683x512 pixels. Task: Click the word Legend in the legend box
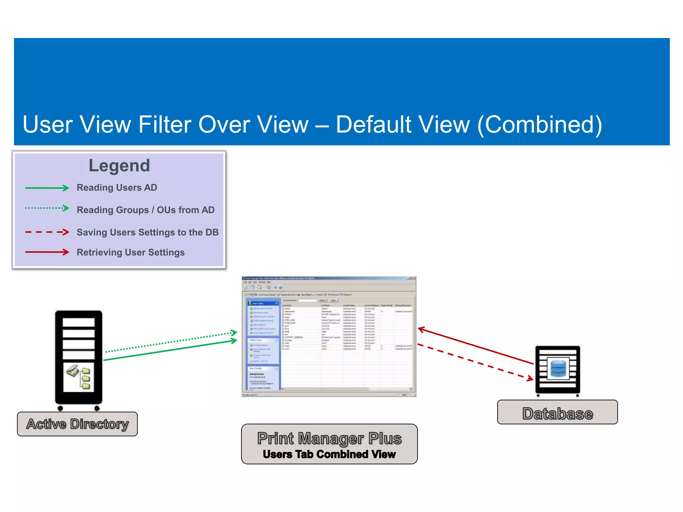(119, 166)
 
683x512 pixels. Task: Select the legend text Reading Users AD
(117, 188)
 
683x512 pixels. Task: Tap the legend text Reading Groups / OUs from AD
(145, 210)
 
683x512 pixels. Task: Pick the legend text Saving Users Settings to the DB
(147, 232)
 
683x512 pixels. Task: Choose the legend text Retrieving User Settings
(130, 252)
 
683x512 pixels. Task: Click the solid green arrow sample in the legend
(47, 188)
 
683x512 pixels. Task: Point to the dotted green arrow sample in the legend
(47, 208)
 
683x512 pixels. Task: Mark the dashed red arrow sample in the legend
(47, 232)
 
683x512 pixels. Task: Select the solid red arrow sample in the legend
(47, 252)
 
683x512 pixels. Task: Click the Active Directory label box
(77, 424)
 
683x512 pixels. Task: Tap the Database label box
(557, 412)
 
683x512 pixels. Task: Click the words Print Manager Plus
(329, 438)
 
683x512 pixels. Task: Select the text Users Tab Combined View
(329, 454)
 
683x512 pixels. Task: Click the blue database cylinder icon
(558, 368)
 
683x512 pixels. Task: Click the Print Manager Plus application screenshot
(329, 336)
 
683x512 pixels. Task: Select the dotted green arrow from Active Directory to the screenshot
(170, 342)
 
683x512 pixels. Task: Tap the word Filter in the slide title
(164, 125)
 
